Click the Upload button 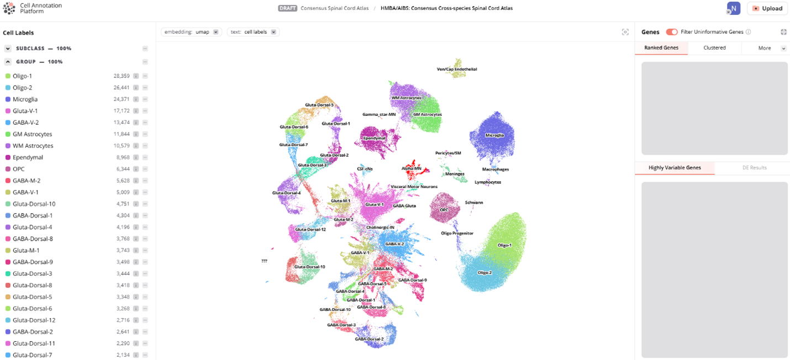[767, 8]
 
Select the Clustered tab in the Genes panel [714, 48]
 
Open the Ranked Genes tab [661, 48]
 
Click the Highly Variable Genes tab [675, 168]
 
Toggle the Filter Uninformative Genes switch [672, 32]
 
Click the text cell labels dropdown [253, 32]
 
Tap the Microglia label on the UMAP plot [494, 135]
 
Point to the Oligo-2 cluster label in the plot [484, 273]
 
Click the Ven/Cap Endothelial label [456, 69]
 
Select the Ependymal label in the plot [375, 138]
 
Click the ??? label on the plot [264, 261]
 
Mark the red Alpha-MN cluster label [411, 168]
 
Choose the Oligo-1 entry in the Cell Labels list [23, 76]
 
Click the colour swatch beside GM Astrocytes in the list [8, 134]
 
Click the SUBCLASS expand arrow [8, 49]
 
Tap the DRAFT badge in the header [287, 8]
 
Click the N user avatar [734, 8]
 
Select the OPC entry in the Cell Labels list [19, 169]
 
